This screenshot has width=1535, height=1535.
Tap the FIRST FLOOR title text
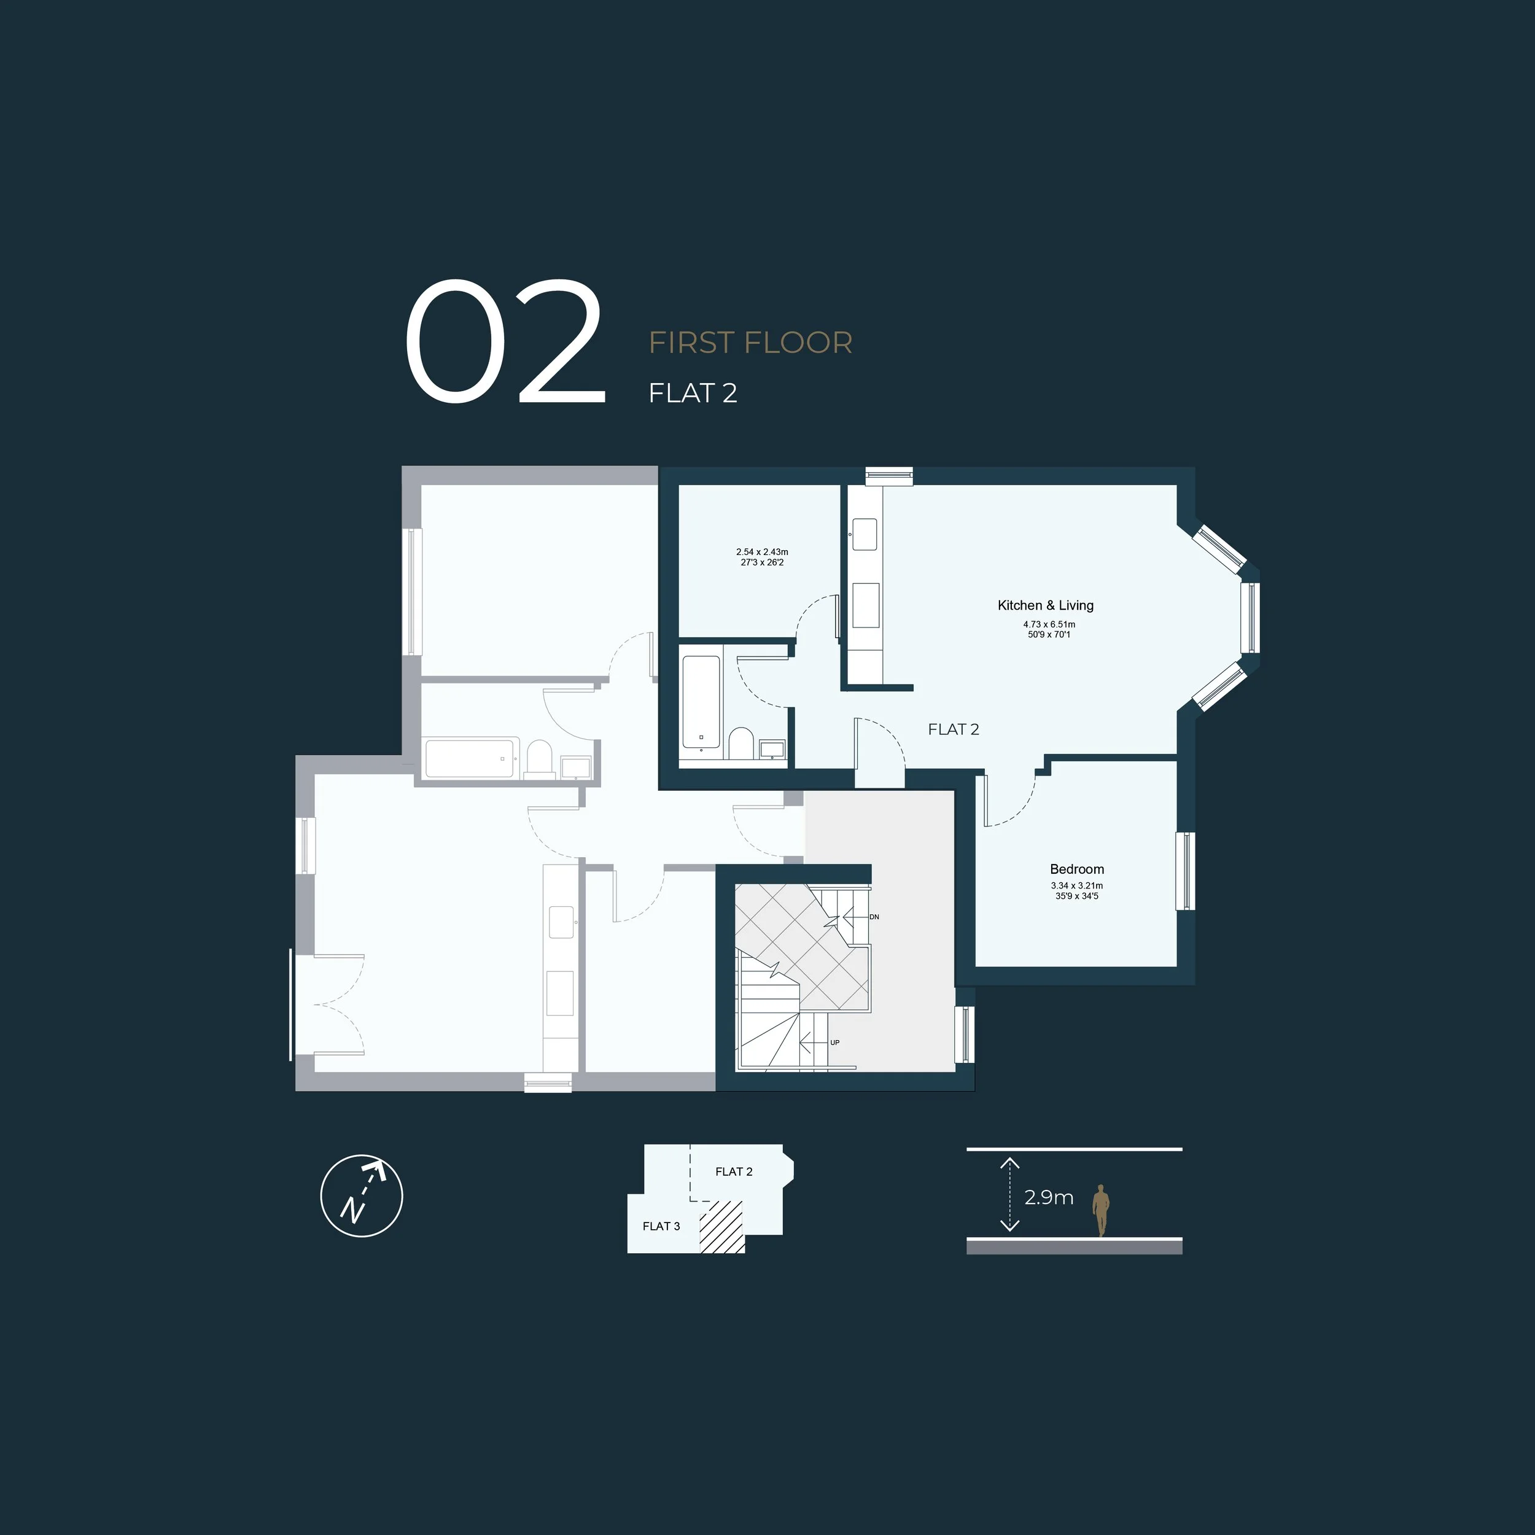[750, 343]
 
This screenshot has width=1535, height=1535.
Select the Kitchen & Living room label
[1046, 605]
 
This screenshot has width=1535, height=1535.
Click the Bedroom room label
[1076, 869]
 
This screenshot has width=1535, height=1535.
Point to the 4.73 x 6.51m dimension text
[1049, 624]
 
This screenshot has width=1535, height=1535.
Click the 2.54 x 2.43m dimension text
[762, 552]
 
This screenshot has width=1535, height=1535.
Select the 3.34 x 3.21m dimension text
[1076, 886]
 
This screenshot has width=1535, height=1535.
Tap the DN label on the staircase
[874, 917]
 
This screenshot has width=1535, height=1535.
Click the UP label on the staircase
[834, 1043]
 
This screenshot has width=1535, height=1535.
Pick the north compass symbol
[362, 1195]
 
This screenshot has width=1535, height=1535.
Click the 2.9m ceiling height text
[1049, 1197]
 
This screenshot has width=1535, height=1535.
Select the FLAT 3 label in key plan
[661, 1226]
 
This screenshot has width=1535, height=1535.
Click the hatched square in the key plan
[721, 1227]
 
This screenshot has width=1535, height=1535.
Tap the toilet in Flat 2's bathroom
[741, 744]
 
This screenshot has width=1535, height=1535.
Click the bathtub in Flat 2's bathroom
[701, 702]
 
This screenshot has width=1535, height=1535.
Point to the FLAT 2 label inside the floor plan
[954, 729]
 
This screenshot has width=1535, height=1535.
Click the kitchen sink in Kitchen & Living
[865, 534]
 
